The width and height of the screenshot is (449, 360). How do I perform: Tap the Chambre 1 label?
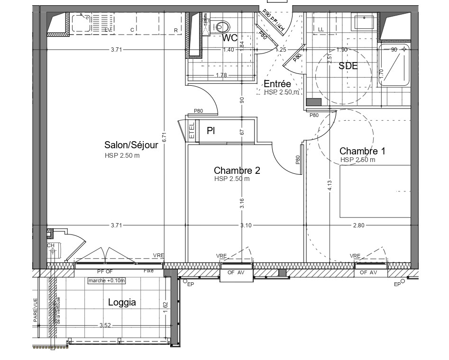tap(362, 151)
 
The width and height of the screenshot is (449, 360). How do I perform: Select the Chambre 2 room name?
tap(237, 171)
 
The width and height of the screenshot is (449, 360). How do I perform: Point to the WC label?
tap(230, 38)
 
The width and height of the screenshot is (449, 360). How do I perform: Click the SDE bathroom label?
tap(348, 66)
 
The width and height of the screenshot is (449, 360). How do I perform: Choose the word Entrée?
tap(277, 84)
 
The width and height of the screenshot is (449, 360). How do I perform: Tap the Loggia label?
tap(122, 302)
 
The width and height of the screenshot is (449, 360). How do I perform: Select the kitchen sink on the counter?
tap(81, 22)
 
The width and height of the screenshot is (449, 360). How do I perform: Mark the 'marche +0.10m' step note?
tap(107, 280)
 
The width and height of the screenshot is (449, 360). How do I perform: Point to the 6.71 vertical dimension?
tap(164, 137)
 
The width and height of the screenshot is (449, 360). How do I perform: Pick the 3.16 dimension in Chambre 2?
tap(241, 203)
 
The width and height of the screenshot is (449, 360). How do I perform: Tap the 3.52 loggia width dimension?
tap(105, 325)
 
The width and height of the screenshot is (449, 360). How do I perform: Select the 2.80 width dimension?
tap(358, 225)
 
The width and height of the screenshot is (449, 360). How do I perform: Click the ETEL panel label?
tap(192, 131)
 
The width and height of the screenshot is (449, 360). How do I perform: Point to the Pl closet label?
tap(211, 131)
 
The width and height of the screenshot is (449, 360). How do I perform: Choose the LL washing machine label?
tap(321, 30)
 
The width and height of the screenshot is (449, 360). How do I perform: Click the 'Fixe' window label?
tap(148, 271)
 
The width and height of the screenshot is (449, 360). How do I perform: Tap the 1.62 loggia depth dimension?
tap(165, 306)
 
